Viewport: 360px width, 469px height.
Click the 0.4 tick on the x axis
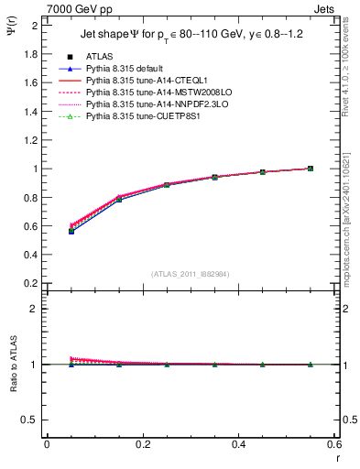(x=238, y=444)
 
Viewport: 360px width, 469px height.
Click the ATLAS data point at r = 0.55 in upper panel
(x=311, y=169)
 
